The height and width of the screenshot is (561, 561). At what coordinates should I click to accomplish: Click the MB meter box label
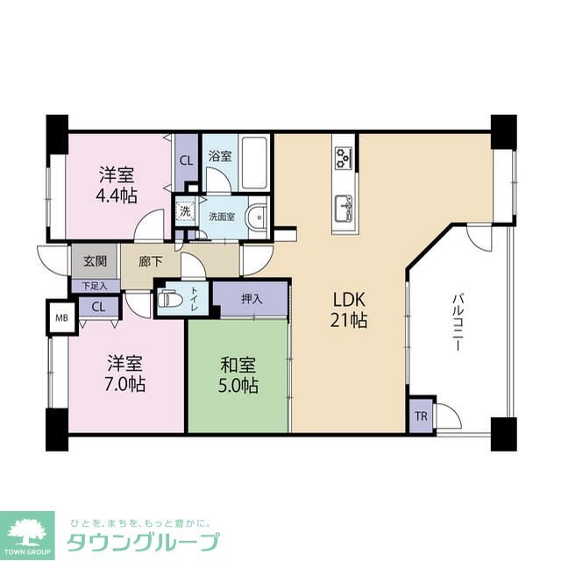[x=60, y=317]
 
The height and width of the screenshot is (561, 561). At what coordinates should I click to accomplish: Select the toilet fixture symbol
[x=169, y=298]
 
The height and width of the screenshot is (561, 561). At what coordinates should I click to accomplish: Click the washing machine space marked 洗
[x=185, y=211]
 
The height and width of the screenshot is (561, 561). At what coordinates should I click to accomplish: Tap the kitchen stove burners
[x=343, y=158]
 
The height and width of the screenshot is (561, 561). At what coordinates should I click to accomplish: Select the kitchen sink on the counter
[x=343, y=209]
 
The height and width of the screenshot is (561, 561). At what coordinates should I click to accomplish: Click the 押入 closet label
[x=252, y=299]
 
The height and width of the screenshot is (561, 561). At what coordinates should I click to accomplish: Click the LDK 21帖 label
[x=347, y=308]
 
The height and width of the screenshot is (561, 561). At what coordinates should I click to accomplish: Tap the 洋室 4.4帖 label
[x=116, y=183]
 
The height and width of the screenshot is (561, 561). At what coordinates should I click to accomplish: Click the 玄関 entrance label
[x=95, y=261]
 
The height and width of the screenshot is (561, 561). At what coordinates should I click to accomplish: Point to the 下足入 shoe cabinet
[x=94, y=286]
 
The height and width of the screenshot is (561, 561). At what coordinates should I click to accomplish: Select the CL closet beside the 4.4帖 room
[x=187, y=160]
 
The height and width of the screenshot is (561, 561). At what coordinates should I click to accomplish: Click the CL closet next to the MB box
[x=97, y=307]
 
